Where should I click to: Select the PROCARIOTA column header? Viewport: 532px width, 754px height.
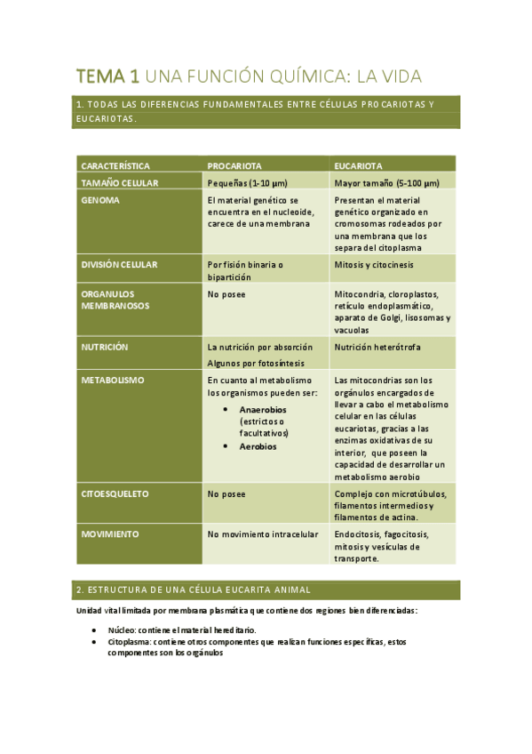pos(234,166)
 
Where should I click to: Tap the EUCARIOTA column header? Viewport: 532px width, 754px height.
pos(359,166)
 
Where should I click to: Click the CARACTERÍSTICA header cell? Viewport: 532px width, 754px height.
pos(115,166)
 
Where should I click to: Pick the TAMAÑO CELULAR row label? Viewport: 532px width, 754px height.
pos(120,182)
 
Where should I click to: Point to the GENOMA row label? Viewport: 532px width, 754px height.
pos(100,200)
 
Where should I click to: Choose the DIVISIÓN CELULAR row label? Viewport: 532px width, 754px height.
pos(119,265)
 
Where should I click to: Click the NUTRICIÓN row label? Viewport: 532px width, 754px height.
pos(105,347)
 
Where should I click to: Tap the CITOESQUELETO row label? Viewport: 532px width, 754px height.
pos(115,493)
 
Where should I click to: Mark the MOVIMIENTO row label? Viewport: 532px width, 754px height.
pos(110,534)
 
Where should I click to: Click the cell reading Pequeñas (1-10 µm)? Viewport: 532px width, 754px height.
pos(248,182)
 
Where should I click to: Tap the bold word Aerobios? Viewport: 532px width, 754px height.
pos(258,446)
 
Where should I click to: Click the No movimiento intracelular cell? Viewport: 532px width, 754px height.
pos(262,534)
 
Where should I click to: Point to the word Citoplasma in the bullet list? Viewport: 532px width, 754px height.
pos(128,641)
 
